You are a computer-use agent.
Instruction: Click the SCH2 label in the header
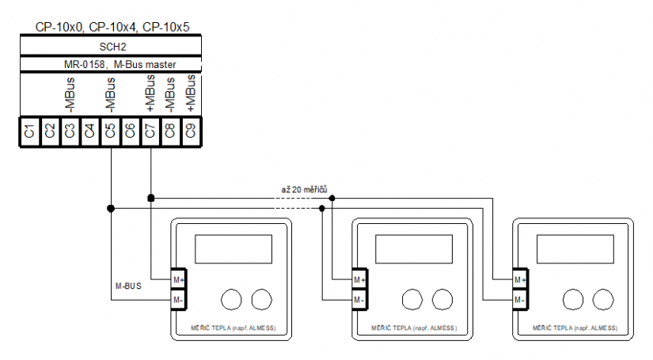point(110,47)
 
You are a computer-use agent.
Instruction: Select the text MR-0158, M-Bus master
point(110,64)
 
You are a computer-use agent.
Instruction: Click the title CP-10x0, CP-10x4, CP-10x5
point(112,27)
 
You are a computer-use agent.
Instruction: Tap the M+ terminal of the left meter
point(178,280)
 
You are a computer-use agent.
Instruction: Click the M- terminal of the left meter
point(178,300)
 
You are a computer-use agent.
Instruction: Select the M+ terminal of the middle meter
point(359,280)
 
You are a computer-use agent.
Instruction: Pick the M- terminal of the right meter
point(520,300)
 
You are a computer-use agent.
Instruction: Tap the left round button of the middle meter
point(412,299)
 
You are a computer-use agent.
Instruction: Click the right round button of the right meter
point(602,299)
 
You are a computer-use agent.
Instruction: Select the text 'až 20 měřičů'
point(304,190)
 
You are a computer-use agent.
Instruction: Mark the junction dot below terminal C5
point(111,208)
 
